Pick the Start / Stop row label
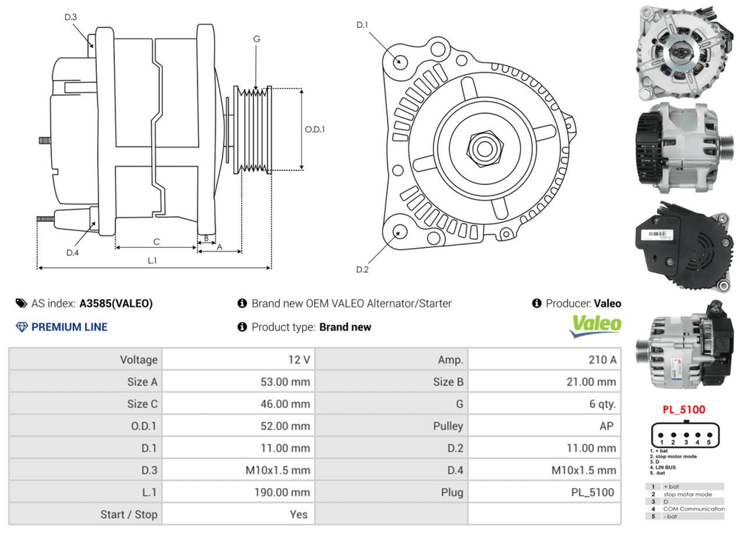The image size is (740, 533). pos(129,514)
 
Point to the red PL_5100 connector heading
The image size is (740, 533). pos(683,409)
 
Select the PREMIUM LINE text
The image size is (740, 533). pos(69,327)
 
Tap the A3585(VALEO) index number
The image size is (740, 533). pos(116,304)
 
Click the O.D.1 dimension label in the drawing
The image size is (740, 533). pos(314,129)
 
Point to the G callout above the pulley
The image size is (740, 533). pos(256,38)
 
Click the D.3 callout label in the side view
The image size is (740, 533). pos(71,16)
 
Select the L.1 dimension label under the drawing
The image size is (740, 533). pos(152,261)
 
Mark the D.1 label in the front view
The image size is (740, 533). pos(363,25)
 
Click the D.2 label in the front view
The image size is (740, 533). pos(362,269)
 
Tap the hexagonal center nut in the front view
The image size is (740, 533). pos(485,146)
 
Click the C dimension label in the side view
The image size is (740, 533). pos(156,241)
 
